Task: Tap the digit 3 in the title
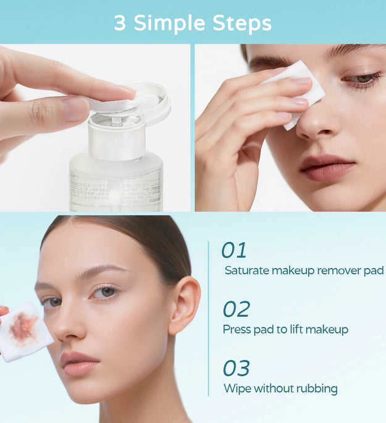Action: click(x=120, y=23)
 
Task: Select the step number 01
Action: click(x=234, y=250)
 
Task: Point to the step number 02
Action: click(x=236, y=309)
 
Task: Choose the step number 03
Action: click(x=236, y=368)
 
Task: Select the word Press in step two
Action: click(x=237, y=330)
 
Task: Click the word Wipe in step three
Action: click(x=236, y=388)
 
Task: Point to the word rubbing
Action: click(x=317, y=389)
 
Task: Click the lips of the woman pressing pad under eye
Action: click(x=327, y=167)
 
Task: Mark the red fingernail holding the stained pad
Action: click(x=3, y=311)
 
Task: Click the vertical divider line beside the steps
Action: click(x=209, y=318)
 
